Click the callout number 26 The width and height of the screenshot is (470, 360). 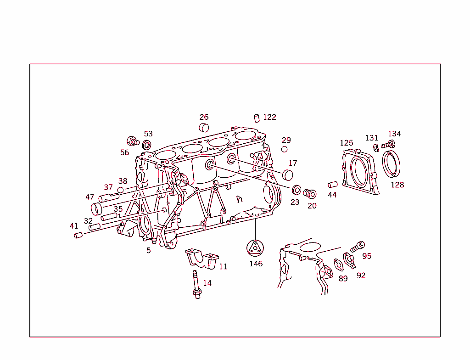click(x=204, y=117)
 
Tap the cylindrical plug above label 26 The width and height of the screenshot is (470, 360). click(x=204, y=127)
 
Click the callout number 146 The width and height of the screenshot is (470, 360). click(x=256, y=264)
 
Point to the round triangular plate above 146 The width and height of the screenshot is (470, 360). click(x=255, y=248)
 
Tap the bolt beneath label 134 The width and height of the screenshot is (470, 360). click(x=388, y=145)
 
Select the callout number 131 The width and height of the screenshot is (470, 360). click(x=372, y=138)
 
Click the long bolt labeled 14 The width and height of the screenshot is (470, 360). click(x=196, y=284)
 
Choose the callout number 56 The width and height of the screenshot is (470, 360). click(x=124, y=152)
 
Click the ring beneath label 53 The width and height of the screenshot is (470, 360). click(x=146, y=146)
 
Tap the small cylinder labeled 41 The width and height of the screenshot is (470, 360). click(x=78, y=235)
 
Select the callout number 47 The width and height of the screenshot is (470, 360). click(x=90, y=197)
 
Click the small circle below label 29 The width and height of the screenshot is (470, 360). click(x=285, y=149)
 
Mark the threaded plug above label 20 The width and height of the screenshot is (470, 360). click(x=310, y=194)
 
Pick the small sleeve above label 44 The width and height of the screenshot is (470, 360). click(x=332, y=185)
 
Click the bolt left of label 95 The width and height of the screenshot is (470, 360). click(x=357, y=246)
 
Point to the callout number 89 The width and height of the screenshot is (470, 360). click(x=343, y=278)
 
